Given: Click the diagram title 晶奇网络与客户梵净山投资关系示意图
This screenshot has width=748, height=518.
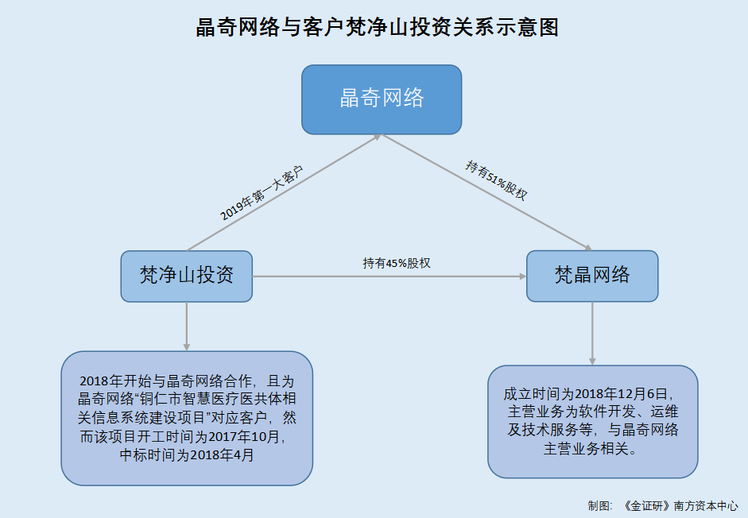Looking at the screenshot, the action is pyautogui.click(x=377, y=27).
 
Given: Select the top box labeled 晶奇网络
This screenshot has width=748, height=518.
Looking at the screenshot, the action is pyautogui.click(x=382, y=99).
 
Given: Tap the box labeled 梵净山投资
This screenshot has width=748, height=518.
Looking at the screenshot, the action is pyautogui.click(x=187, y=276).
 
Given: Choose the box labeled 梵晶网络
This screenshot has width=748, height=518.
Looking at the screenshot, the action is pyautogui.click(x=592, y=276).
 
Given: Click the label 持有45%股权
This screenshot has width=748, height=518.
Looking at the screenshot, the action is pyautogui.click(x=397, y=263).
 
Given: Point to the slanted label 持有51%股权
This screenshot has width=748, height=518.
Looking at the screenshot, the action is pyautogui.click(x=497, y=180).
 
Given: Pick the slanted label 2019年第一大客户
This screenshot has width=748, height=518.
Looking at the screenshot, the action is pyautogui.click(x=262, y=193).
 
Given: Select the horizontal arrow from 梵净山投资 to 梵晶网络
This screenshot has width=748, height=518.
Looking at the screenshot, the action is pyautogui.click(x=390, y=276).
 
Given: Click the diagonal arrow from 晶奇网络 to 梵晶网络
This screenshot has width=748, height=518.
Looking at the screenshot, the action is pyautogui.click(x=487, y=192).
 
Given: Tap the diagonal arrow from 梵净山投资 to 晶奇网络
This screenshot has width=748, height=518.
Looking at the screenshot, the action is pyautogui.click(x=284, y=192).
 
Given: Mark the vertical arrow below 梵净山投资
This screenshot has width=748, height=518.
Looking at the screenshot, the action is pyautogui.click(x=187, y=327).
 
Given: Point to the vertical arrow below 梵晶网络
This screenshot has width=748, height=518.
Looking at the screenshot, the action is pyautogui.click(x=592, y=334).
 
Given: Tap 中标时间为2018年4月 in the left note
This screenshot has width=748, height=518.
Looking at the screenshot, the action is pyautogui.click(x=187, y=454).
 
